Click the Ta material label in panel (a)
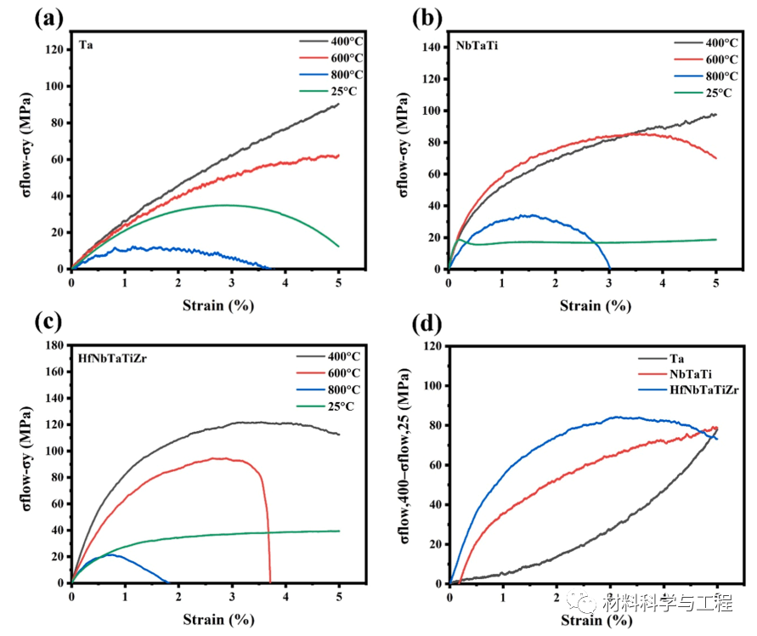click(x=85, y=44)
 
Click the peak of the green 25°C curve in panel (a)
click(x=225, y=205)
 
